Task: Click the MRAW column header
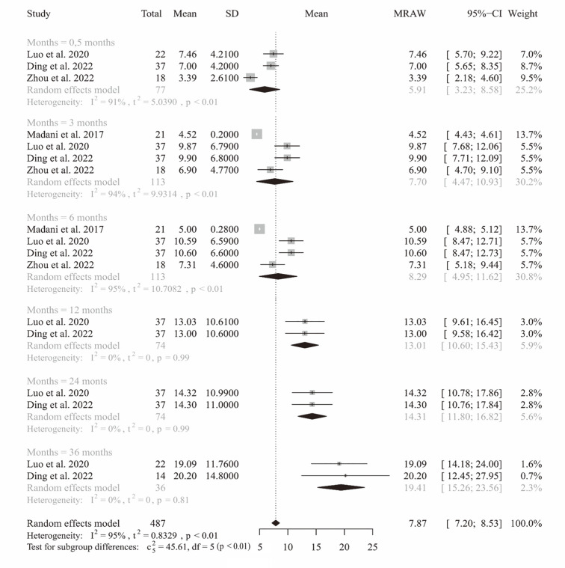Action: point(407,14)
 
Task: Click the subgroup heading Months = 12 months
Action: point(69,310)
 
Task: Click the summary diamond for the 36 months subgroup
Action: point(345,487)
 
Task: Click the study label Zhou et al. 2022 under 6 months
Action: point(64,264)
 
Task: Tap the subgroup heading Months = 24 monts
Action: point(67,381)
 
